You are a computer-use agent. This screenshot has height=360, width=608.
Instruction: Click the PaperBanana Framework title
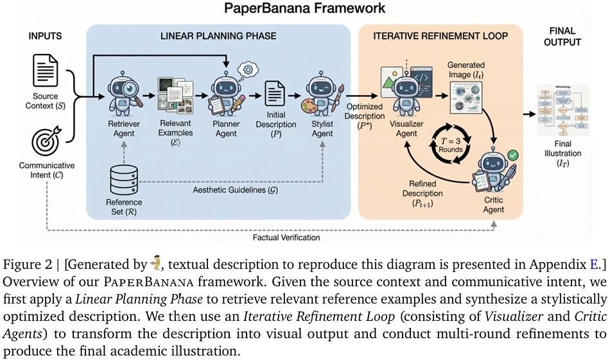(304, 9)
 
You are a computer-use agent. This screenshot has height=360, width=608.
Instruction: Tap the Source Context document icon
(46, 71)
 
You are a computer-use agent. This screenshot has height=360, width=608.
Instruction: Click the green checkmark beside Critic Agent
(512, 155)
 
